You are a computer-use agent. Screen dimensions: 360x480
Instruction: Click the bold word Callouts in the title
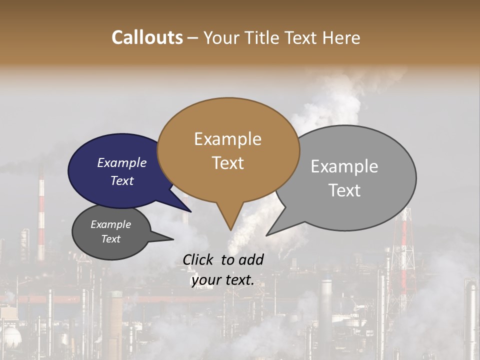(x=147, y=37)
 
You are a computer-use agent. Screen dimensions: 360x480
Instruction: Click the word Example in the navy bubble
(x=122, y=162)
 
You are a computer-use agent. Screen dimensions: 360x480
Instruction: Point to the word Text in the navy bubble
(x=122, y=180)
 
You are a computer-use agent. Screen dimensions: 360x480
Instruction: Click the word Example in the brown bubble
(x=227, y=138)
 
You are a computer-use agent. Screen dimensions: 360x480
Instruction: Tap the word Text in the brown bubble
(x=227, y=162)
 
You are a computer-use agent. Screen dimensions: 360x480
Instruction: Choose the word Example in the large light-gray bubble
(x=344, y=166)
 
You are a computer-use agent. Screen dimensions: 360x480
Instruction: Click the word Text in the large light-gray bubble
(x=344, y=190)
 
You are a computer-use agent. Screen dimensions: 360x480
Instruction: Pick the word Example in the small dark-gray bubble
(x=110, y=224)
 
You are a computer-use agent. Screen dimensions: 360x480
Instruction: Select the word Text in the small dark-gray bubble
(x=110, y=239)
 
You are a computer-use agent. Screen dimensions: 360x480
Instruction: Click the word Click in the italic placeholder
(x=199, y=259)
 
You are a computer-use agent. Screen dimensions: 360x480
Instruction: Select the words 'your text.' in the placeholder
(x=222, y=280)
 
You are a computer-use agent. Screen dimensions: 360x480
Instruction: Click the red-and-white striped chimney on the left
(x=41, y=215)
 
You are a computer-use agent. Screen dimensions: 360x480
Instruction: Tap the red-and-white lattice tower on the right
(x=404, y=245)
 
